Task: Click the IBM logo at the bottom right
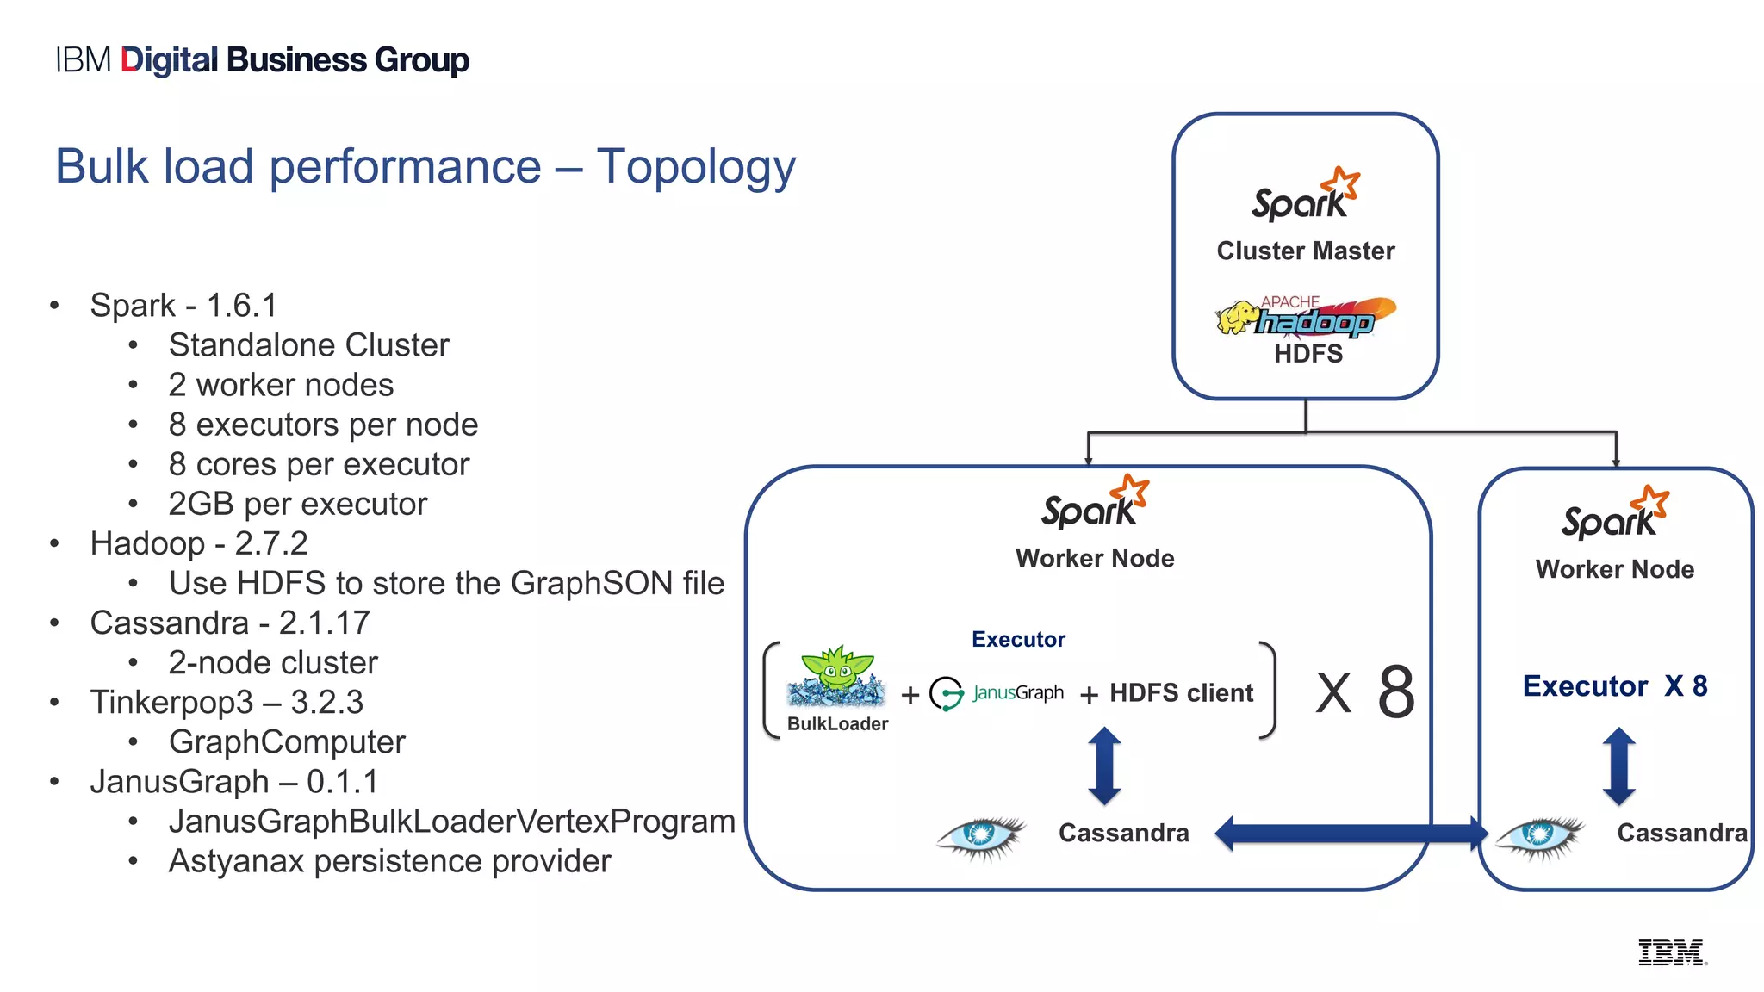[x=1671, y=952]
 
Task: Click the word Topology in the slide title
[x=696, y=167]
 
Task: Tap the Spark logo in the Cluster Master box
[x=1304, y=196]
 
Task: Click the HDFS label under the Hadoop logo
[x=1307, y=354]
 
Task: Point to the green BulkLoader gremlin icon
[x=836, y=678]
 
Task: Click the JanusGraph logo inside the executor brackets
[x=997, y=693]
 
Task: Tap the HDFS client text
[x=1181, y=693]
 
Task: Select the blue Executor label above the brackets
[x=1018, y=639]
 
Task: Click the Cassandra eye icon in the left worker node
[x=981, y=834]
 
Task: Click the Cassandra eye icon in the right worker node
[x=1539, y=834]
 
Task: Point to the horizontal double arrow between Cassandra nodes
[x=1351, y=834]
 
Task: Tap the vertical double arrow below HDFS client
[x=1104, y=766]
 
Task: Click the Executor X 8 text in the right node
[x=1614, y=686]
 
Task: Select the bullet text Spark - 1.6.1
[x=183, y=306]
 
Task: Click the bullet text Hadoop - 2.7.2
[x=198, y=543]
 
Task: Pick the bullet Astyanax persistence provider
[x=389, y=861]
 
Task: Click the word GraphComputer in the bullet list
[x=287, y=742]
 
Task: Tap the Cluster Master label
[x=1305, y=251]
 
